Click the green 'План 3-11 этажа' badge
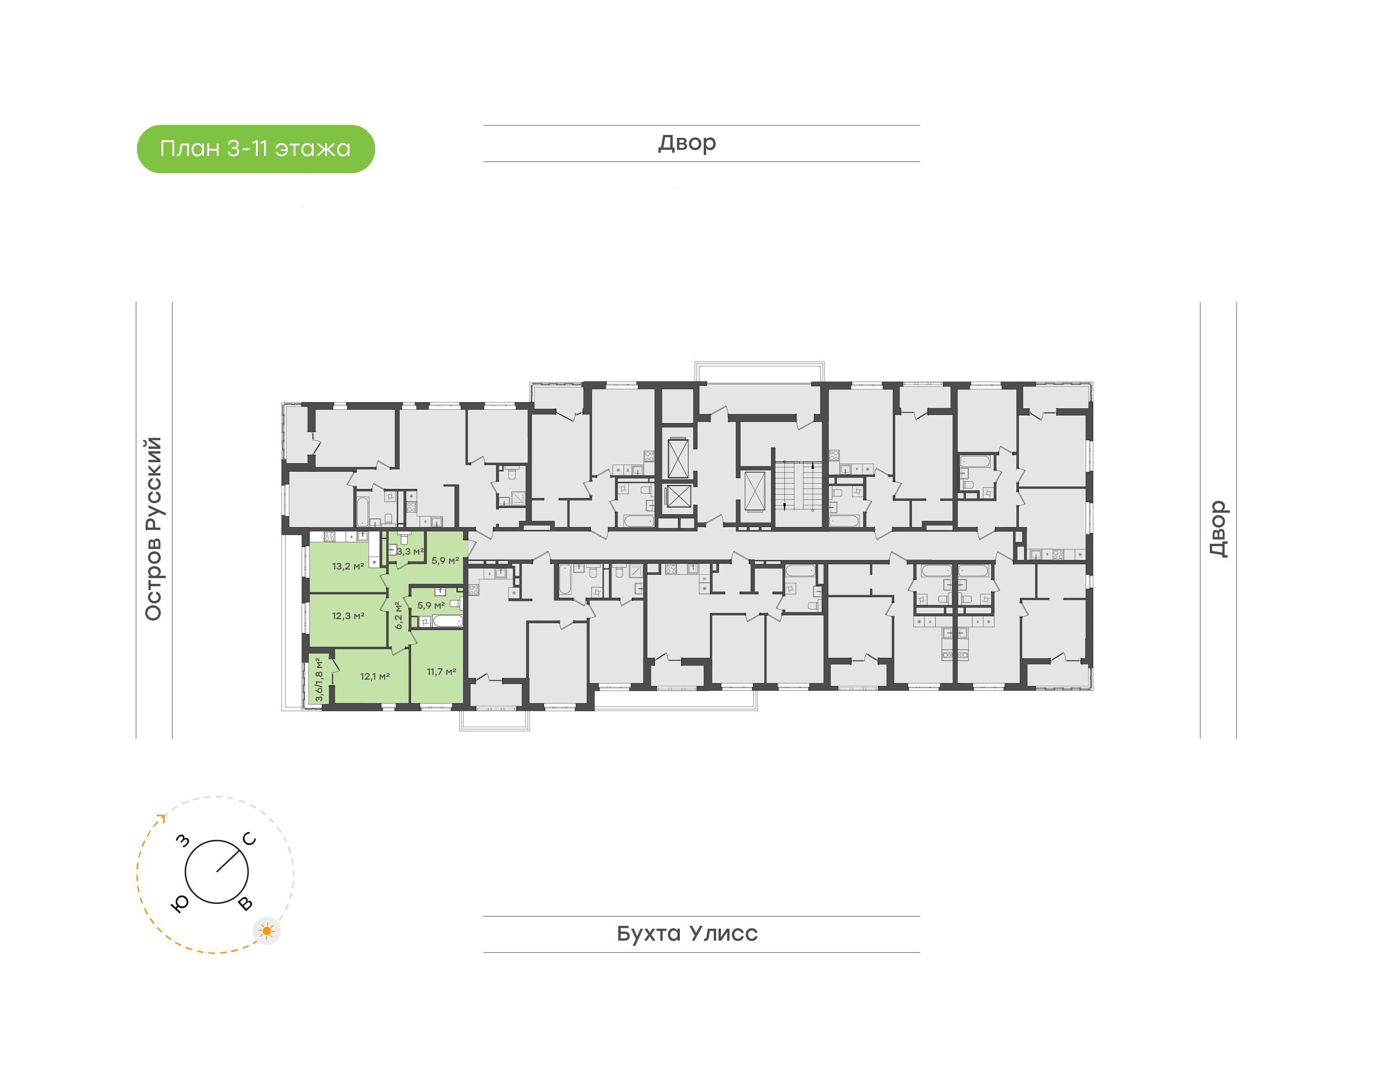pos(256,149)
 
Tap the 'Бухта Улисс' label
pos(687,933)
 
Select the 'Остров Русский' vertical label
pos(153,529)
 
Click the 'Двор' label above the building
pos(687,143)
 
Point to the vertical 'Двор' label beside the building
pos(1218,529)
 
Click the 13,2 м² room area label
pos(348,566)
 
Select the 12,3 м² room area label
pos(348,615)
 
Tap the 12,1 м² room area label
pos(374,676)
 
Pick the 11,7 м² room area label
pos(441,672)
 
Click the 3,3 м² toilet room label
pos(410,551)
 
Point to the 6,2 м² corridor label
pos(399,615)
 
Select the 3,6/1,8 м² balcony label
pos(319,680)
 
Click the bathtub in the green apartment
pos(447,621)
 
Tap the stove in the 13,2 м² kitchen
pos(329,537)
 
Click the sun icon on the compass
pos(267,931)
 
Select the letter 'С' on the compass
pos(250,839)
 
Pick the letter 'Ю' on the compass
pos(180,904)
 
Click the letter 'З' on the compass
pos(183,840)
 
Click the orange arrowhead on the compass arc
pos(162,819)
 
